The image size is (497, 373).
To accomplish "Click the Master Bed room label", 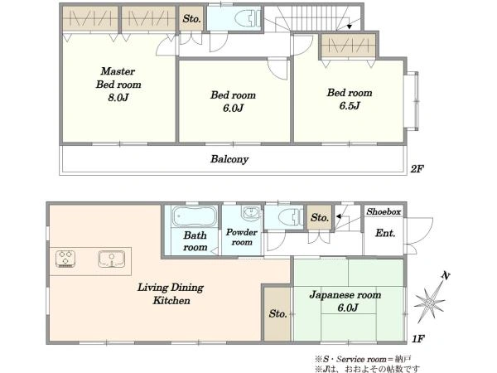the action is point(118,84).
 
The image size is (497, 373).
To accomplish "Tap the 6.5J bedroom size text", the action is point(350,105).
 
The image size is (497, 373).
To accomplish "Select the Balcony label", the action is point(229,159).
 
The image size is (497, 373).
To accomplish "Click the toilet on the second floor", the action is point(248,18).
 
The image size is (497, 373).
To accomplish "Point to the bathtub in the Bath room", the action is point(195,216).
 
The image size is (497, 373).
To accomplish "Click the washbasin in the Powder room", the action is point(251,212).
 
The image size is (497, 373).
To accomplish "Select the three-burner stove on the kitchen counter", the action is point(65,259).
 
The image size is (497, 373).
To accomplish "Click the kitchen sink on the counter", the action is point(111,259).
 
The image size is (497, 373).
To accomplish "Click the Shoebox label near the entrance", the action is point(384,211).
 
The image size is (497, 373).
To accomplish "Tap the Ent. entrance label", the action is point(385,233).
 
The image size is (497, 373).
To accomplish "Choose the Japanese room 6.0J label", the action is point(345,301).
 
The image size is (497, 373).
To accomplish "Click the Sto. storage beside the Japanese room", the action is point(277,313).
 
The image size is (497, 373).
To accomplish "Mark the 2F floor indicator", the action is point(417,169).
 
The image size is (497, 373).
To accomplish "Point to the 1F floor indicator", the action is point(417,339).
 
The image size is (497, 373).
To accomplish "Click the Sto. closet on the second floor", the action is point(191,19).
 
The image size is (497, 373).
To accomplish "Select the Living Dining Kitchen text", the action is point(171,293).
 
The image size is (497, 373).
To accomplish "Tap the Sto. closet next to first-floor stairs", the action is point(320,217).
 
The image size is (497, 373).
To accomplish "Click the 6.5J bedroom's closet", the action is point(348,46).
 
